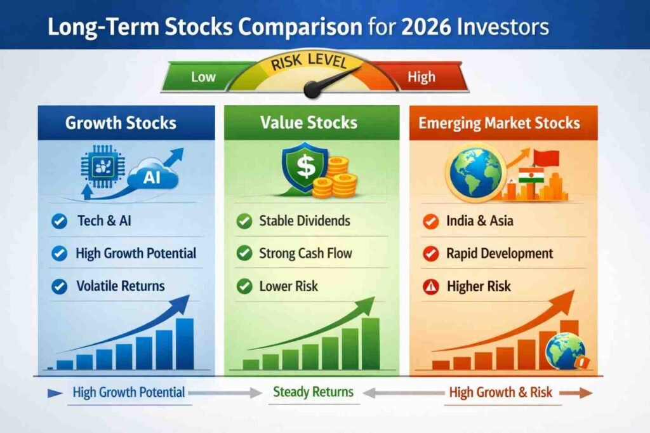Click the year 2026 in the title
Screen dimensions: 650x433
click(426, 27)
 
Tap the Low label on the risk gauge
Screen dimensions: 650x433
click(203, 77)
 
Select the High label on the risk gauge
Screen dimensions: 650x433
click(421, 77)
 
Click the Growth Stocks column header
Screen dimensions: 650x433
click(121, 123)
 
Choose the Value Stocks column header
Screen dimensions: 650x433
click(309, 123)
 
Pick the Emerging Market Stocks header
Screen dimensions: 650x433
click(499, 123)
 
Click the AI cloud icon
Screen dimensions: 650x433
click(152, 178)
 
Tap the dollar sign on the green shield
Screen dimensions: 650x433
click(306, 166)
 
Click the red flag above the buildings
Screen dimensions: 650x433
click(547, 157)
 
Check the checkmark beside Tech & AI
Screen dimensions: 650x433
click(59, 221)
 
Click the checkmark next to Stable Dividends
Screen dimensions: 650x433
click(244, 221)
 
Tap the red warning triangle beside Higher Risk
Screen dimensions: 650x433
click(431, 286)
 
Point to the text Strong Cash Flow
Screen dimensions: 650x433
click(305, 253)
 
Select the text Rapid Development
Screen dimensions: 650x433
click(500, 253)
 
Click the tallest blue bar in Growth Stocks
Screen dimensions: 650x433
click(185, 344)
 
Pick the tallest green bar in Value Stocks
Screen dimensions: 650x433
click(371, 344)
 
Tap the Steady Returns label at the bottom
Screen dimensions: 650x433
click(314, 392)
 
